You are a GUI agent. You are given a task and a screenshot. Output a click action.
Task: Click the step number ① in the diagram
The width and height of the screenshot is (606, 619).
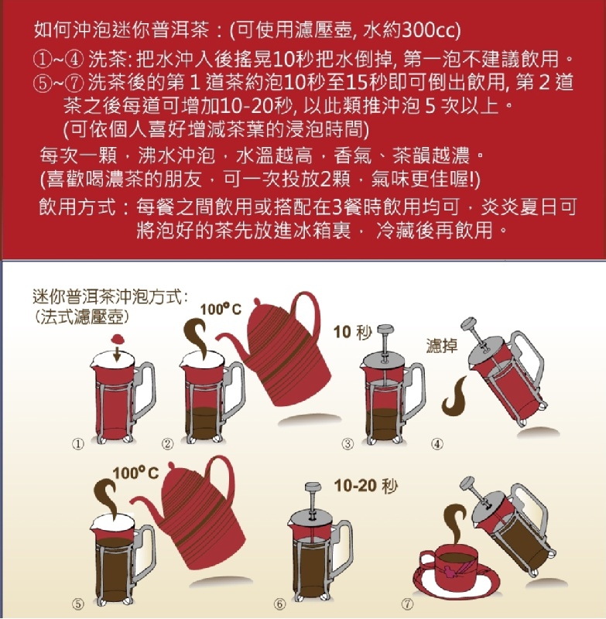(x=77, y=444)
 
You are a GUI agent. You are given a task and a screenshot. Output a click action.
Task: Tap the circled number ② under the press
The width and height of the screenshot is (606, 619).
(x=167, y=444)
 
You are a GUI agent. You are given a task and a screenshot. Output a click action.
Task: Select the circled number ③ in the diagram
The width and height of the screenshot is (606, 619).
(x=348, y=444)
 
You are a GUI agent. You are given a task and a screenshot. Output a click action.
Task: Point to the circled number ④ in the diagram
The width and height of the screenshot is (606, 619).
(x=437, y=444)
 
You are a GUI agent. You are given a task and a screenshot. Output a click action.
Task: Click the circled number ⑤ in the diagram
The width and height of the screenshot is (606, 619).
(x=77, y=604)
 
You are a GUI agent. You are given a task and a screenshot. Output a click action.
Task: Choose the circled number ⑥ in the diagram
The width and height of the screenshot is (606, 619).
(x=279, y=604)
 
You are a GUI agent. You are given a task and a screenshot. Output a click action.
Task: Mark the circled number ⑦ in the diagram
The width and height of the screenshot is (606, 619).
(x=407, y=604)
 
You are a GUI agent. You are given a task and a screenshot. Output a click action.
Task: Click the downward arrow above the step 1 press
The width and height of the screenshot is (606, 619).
(x=116, y=354)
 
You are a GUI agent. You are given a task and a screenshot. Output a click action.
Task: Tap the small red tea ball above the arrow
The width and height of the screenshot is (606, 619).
(x=118, y=339)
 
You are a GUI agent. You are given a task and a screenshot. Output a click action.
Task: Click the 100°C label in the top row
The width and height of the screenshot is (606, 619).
(x=221, y=309)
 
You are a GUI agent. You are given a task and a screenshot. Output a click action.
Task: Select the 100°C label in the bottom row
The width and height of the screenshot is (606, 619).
(x=135, y=473)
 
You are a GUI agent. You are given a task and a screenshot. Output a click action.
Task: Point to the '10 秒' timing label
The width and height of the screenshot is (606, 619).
(x=353, y=332)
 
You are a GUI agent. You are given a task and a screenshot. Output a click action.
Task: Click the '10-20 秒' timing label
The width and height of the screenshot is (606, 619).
(x=365, y=486)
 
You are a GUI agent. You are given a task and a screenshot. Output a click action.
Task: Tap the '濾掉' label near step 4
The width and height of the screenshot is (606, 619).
(x=442, y=346)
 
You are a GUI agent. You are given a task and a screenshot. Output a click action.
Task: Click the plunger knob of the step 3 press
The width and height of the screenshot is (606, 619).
(x=385, y=329)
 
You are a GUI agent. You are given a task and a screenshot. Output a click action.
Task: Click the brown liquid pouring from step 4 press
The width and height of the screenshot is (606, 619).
(x=454, y=396)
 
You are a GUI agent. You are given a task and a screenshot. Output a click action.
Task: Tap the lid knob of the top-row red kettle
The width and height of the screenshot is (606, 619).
(x=257, y=302)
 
